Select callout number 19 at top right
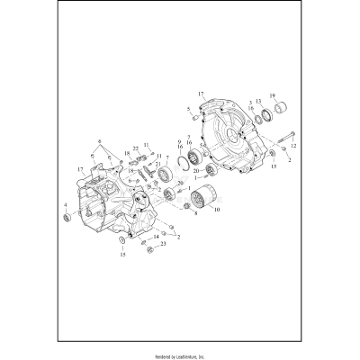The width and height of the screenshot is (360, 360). coord(273,95)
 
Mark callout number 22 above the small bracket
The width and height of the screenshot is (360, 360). coord(136,148)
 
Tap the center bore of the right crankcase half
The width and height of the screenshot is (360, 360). coord(237,139)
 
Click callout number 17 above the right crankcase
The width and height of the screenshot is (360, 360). coord(201,93)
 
